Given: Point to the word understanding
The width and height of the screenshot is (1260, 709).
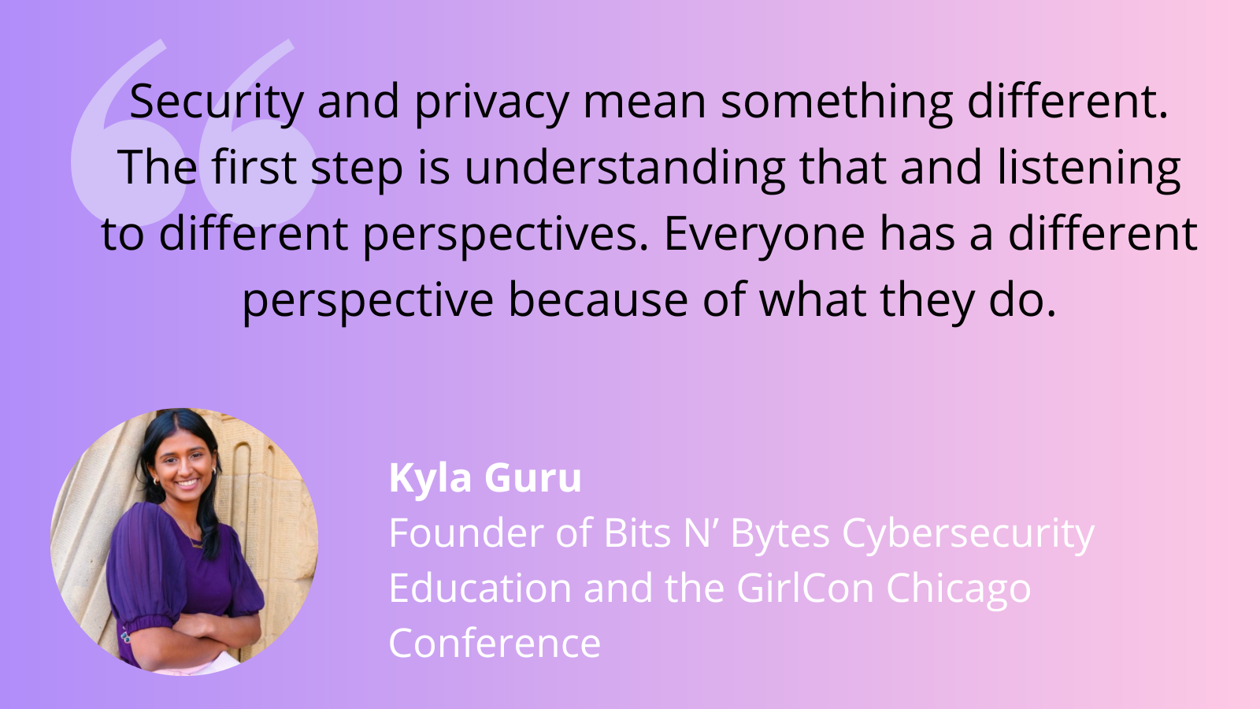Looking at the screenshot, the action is tap(624, 169).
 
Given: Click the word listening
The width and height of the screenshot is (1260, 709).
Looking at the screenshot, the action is tap(1089, 169).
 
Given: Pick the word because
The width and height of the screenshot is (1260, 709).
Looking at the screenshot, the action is tap(598, 301).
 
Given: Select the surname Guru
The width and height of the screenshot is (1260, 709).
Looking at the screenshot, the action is tap(532, 479).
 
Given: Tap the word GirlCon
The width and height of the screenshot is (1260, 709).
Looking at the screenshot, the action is tap(806, 588).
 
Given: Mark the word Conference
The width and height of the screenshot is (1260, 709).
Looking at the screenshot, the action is tap(495, 643).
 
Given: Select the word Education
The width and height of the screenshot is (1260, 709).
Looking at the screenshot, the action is tap(480, 588).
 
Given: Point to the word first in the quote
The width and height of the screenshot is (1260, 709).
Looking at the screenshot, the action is tap(254, 169).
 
